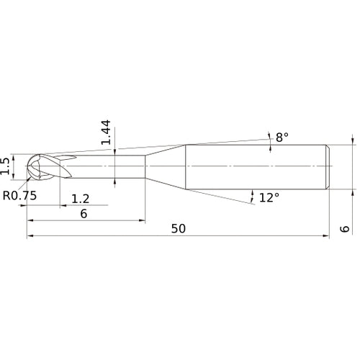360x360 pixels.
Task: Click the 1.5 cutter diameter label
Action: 6,166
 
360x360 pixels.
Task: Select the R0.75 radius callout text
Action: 19,195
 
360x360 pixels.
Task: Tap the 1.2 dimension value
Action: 80,198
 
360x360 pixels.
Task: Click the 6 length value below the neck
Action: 84,215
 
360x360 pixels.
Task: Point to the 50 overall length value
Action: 179,228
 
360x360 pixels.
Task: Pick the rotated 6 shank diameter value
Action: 345,228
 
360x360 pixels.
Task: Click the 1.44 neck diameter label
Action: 107,133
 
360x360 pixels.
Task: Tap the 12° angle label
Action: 268,197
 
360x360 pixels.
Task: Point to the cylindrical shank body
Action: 256,167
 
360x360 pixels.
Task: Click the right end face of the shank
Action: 328,167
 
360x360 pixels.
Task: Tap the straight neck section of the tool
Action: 108,167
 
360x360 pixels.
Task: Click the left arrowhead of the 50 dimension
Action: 30,235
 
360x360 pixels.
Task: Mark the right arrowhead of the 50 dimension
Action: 327,235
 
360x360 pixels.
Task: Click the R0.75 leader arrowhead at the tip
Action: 29,179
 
